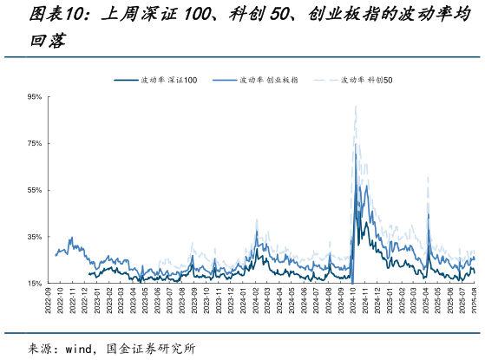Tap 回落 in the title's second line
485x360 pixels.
[47, 40]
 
